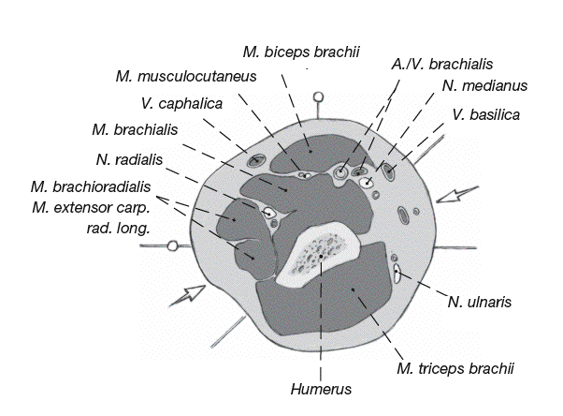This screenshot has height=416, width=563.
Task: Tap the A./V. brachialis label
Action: (441, 64)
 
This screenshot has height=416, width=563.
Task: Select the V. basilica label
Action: (484, 114)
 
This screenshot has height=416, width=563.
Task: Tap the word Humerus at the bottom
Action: (321, 389)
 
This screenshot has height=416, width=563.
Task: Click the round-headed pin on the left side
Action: (173, 246)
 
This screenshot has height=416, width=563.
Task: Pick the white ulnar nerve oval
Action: (397, 275)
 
